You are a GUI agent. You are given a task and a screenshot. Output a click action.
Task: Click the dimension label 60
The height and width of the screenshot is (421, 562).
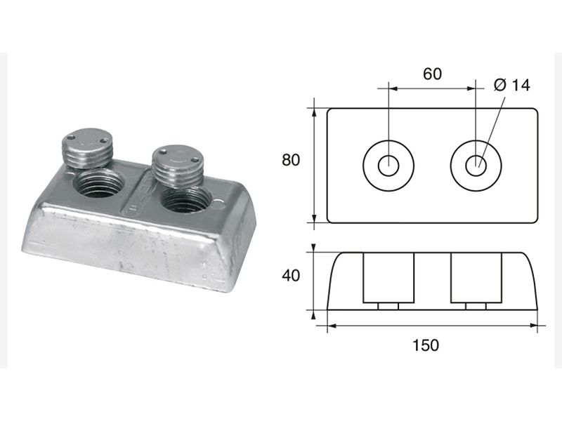tap(432, 74)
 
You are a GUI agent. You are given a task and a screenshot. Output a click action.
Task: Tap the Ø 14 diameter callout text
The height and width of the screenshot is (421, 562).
tap(511, 85)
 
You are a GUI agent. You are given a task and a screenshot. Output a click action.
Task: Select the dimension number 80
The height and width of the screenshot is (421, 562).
tap(291, 160)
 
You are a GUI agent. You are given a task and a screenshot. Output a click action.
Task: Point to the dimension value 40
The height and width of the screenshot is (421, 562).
tap(291, 276)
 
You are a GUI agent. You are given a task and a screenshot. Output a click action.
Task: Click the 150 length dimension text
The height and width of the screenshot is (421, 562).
tap(426, 345)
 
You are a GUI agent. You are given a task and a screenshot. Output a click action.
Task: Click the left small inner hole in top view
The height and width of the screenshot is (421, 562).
tap(388, 166)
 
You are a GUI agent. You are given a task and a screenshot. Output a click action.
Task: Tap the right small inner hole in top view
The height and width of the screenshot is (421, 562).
tap(476, 166)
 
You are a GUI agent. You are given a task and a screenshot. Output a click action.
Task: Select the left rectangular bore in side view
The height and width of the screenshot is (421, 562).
tap(388, 278)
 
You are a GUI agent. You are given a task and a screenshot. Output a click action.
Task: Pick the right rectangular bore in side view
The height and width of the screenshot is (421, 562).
tap(476, 278)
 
